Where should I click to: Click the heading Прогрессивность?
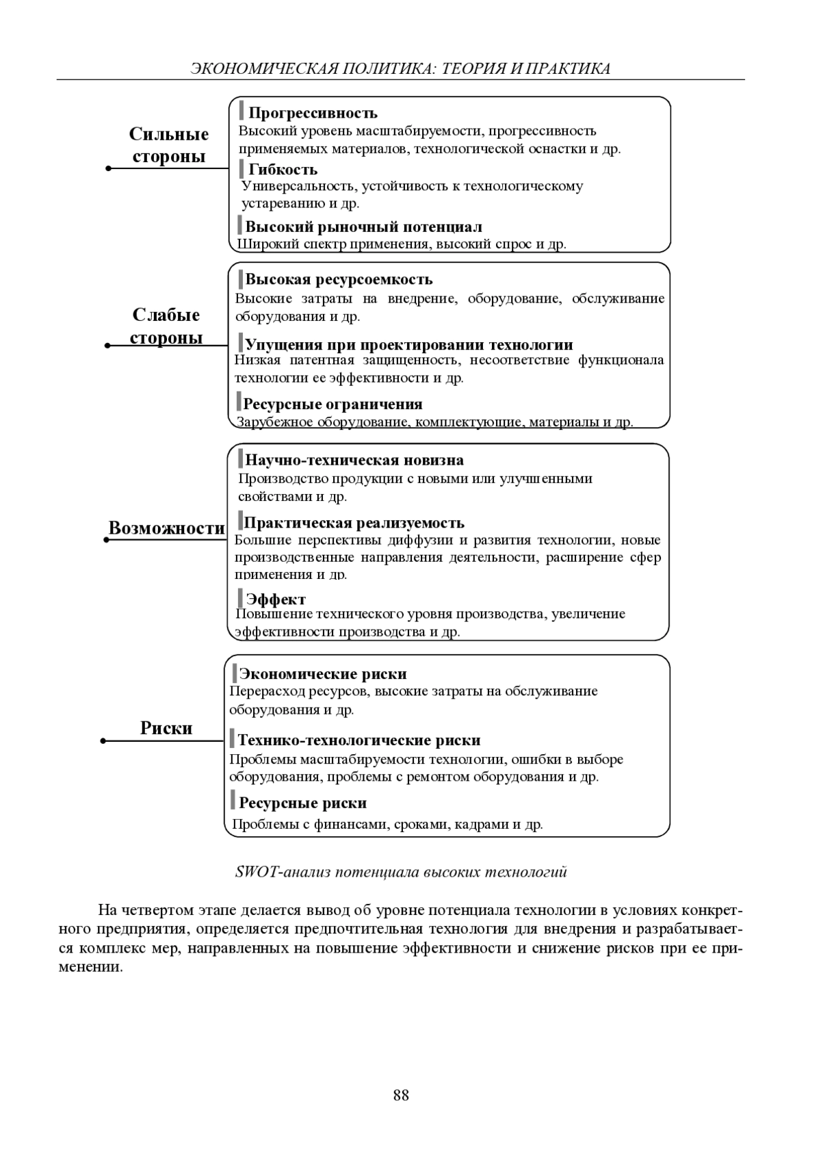pos(313,113)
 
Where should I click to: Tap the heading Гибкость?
pos(283,169)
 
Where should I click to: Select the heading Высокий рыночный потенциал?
pos(363,227)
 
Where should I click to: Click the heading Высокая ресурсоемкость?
pos(339,279)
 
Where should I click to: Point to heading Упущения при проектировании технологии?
pos(408,344)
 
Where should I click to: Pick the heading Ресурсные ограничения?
pos(333,404)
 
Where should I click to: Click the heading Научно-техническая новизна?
pos(354,460)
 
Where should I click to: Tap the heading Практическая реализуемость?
pos(354,523)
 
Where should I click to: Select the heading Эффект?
pos(276,599)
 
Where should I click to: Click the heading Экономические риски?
pos(323,674)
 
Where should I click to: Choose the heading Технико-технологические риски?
pos(359,740)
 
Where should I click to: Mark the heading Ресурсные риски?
pos(302,803)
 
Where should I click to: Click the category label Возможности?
pos(166,528)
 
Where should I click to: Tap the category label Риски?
pos(166,727)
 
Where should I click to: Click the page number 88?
pos(401,1095)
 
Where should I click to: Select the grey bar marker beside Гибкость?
pos(242,168)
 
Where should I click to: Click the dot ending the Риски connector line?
pos(103,740)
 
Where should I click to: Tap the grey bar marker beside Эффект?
pos(240,598)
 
